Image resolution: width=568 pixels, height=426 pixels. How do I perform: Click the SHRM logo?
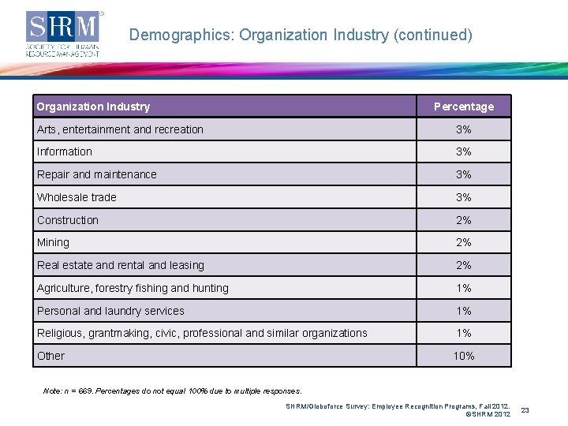click(x=64, y=33)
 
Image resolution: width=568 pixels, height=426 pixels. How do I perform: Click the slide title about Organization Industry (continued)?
click(x=301, y=35)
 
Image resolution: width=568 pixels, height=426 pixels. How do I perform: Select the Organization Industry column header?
click(x=93, y=106)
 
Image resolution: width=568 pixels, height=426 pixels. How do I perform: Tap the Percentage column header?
click(x=464, y=106)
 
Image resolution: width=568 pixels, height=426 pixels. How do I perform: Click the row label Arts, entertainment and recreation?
click(x=120, y=129)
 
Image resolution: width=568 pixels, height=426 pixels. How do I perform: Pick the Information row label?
click(x=65, y=151)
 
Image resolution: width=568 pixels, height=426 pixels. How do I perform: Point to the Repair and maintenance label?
click(x=97, y=174)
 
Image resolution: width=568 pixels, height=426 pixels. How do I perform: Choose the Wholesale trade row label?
click(x=77, y=197)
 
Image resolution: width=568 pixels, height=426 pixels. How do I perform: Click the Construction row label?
click(x=68, y=220)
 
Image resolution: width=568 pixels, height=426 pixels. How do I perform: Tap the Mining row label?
click(x=53, y=242)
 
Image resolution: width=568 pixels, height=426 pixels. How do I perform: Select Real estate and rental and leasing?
click(x=121, y=265)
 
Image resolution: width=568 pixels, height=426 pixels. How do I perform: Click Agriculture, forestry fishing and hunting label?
click(x=133, y=288)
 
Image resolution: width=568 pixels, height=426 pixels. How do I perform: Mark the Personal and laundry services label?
click(x=110, y=311)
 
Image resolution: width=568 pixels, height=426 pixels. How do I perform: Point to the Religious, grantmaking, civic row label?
click(x=202, y=333)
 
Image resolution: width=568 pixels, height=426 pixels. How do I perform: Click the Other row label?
click(x=51, y=356)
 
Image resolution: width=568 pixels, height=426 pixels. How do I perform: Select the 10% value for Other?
click(x=464, y=356)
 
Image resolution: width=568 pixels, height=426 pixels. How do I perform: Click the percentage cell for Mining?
click(x=464, y=242)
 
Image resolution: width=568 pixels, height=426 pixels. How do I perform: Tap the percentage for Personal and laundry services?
click(x=464, y=311)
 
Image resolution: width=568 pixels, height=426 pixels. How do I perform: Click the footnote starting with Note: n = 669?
click(x=173, y=390)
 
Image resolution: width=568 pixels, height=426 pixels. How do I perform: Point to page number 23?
click(x=547, y=409)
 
